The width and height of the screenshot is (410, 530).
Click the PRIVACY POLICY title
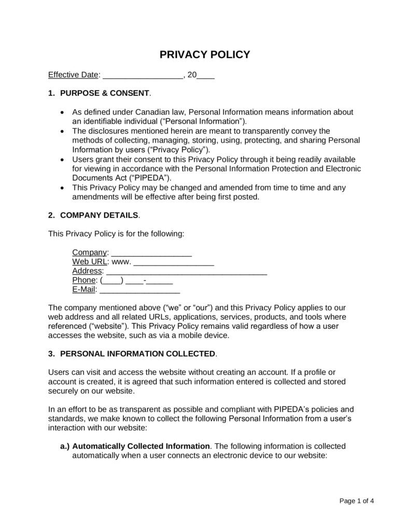[204, 54]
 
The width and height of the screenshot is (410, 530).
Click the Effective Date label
[73, 75]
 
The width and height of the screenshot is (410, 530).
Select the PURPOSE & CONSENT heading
[105, 94]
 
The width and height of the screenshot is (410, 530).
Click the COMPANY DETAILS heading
[99, 214]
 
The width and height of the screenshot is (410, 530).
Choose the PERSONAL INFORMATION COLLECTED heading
[137, 354]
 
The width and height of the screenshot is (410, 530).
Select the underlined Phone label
[84, 280]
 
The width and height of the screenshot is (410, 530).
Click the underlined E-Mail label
[84, 289]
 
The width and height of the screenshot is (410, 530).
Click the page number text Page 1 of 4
[357, 500]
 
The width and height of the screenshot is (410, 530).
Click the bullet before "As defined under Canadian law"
[63, 112]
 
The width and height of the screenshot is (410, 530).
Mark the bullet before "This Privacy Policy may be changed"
[63, 187]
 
